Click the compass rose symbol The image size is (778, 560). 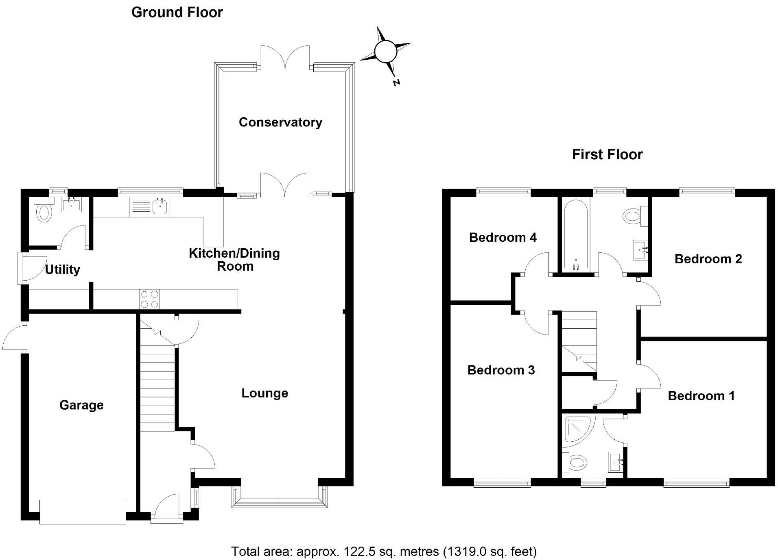point(385,52)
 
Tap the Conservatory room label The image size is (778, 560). point(280,122)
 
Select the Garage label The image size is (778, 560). point(81,405)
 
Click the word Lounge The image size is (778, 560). point(264,393)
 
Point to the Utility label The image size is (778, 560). point(62,269)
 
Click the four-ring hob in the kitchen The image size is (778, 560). point(149,299)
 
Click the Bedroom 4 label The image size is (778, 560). point(503,237)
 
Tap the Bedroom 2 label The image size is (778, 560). point(708,259)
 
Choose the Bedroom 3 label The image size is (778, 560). point(501,370)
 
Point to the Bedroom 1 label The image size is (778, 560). point(701,396)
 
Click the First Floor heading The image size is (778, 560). point(607,154)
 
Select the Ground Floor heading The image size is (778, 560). point(177,12)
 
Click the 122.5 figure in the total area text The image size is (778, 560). point(358,551)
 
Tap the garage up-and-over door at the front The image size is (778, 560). point(83,512)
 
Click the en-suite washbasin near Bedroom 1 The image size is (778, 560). point(616,462)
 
